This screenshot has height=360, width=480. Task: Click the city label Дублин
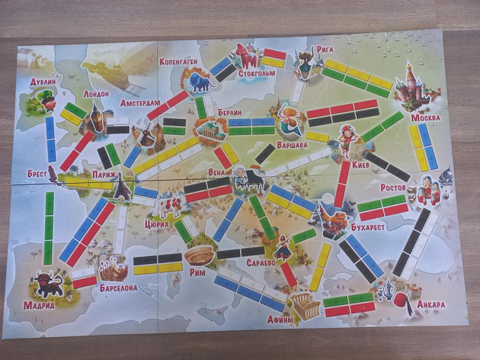(x=43, y=82)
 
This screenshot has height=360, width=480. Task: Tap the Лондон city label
(x=96, y=94)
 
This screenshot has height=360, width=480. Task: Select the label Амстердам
(x=140, y=103)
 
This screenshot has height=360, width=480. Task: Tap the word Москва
(x=426, y=117)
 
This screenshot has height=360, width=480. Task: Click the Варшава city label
(x=292, y=144)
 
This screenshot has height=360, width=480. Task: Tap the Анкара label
(x=430, y=304)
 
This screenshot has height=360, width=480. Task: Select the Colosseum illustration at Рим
(x=199, y=255)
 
